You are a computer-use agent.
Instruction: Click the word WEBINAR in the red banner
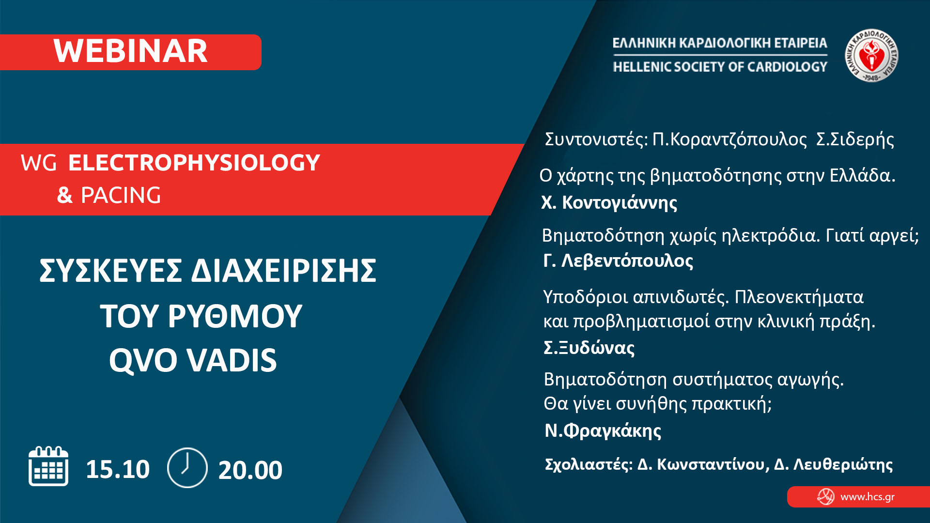click(130, 51)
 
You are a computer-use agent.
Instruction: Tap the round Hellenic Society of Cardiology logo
click(871, 55)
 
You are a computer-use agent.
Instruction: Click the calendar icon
click(48, 466)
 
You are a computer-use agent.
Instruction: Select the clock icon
click(187, 467)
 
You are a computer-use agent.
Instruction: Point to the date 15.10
click(118, 469)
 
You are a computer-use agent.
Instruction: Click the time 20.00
click(250, 470)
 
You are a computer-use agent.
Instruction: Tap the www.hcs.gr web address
click(868, 497)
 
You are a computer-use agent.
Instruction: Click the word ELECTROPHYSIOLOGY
click(194, 162)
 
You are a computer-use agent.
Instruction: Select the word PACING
click(121, 195)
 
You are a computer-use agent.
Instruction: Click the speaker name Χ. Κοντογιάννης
click(609, 202)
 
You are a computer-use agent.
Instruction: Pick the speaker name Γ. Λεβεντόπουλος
click(618, 261)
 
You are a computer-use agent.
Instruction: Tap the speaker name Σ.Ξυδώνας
click(589, 347)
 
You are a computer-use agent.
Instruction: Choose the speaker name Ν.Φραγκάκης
click(603, 431)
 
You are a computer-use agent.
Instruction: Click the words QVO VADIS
click(193, 360)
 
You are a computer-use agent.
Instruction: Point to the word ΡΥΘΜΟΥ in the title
click(235, 316)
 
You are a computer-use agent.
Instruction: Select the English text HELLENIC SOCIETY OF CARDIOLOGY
click(720, 66)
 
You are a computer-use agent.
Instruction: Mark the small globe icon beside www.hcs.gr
click(826, 496)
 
